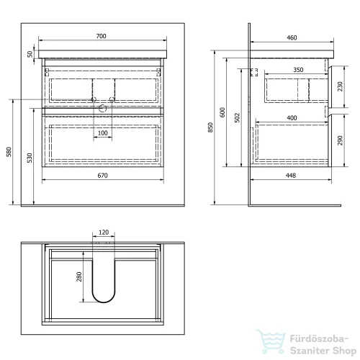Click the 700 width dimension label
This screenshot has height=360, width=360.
point(101,36)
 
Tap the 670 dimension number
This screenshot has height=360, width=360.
point(102,176)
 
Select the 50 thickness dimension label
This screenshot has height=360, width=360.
point(30,54)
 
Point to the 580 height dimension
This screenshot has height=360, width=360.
point(9,152)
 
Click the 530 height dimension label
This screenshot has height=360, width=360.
point(30,158)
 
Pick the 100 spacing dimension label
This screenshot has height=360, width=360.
point(102,133)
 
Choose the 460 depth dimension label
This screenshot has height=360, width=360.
point(292,37)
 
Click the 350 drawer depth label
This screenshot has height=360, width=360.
point(298,70)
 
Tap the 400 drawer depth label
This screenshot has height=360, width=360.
point(292,118)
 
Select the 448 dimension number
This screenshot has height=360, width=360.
point(291,176)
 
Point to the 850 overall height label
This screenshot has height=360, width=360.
point(210,127)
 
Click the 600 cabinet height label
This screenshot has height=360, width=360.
point(222,112)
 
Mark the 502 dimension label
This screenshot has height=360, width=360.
point(237,118)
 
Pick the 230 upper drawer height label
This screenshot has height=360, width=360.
point(340,86)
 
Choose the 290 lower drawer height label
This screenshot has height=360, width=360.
point(340,140)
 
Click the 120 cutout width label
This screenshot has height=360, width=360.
point(104,233)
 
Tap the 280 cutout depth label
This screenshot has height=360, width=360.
point(79,276)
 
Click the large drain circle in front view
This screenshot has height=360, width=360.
point(103,109)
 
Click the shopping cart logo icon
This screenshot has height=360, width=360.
point(271,342)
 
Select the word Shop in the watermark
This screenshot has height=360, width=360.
point(344,351)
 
